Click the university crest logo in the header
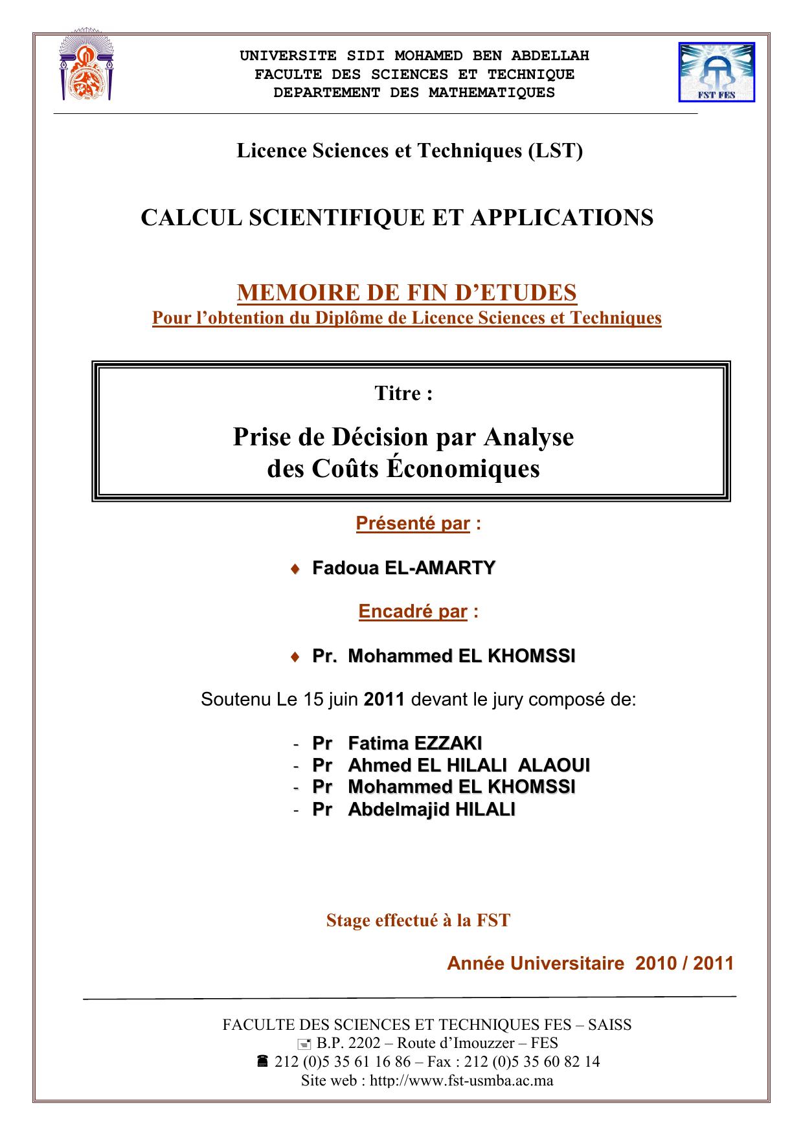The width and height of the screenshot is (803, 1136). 85,67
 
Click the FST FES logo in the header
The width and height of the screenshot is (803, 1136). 716,72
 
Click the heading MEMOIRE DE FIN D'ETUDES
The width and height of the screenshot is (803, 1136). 407,293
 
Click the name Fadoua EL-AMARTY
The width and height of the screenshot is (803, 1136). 403,568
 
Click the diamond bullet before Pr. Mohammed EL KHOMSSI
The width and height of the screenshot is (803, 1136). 295,657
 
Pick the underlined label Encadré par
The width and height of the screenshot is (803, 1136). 413,612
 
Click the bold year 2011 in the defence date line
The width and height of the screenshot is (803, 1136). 384,700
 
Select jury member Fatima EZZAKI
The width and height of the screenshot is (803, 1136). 414,744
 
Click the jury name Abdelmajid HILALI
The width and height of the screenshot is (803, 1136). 431,810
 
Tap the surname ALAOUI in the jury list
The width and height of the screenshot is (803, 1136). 554,766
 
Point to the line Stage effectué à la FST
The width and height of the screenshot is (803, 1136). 418,920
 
